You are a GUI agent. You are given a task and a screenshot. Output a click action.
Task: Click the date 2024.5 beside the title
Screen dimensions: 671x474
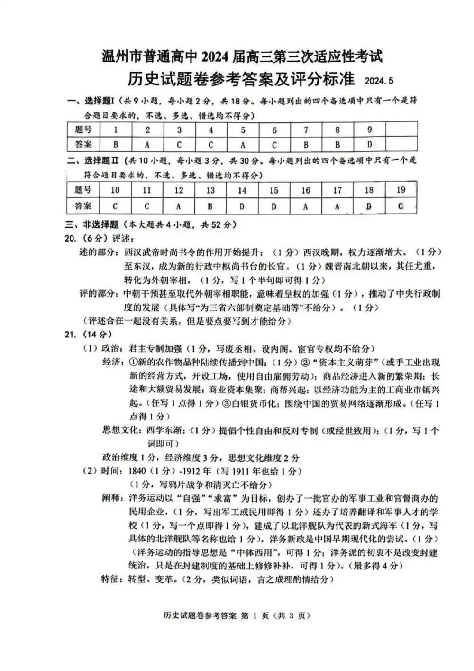tap(379, 81)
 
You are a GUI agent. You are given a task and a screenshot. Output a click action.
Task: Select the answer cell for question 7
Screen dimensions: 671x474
tap(306, 144)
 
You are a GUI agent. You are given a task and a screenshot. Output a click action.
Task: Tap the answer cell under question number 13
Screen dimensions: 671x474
tap(210, 206)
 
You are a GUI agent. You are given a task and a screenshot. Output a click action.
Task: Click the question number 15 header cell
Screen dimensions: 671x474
tap(273, 190)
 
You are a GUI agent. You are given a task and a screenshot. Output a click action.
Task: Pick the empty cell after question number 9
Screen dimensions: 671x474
tap(401, 130)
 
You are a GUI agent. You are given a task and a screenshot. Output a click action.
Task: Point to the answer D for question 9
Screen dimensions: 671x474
tap(369, 144)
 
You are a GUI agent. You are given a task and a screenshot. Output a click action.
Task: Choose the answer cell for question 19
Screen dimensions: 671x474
tap(401, 206)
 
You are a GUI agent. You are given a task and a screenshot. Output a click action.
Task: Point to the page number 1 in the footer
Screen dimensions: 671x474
tap(255, 616)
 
